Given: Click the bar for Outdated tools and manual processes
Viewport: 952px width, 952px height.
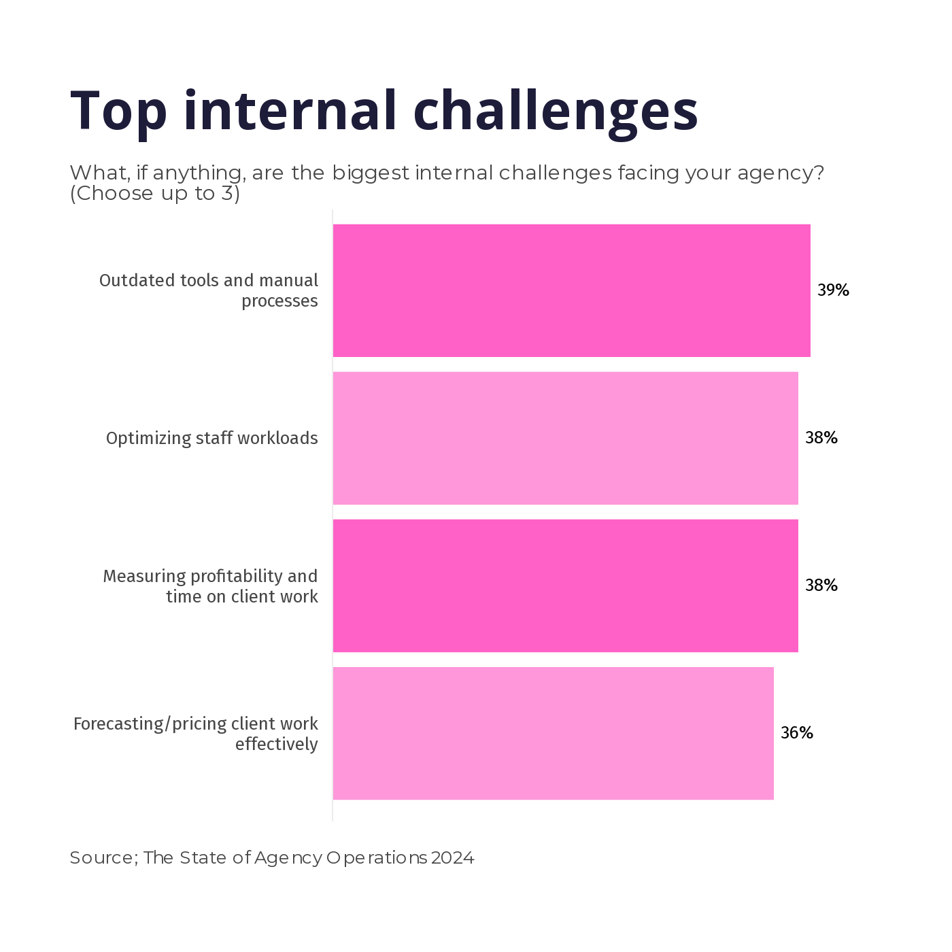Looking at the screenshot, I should click(571, 290).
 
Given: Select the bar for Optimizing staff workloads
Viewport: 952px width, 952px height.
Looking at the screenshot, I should click(565, 438).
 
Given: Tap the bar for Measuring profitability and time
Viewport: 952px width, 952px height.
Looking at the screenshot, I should click(565, 585).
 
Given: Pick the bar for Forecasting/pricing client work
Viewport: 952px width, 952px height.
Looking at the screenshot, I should click(553, 733).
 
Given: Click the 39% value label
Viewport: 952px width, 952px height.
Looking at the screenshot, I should click(833, 290).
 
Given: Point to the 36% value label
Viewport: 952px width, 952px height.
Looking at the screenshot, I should click(796, 733).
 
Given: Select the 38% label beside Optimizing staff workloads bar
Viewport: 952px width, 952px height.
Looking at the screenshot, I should click(821, 438).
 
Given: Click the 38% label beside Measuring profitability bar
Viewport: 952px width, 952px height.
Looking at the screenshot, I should click(821, 585).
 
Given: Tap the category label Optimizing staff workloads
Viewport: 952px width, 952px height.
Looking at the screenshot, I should click(211, 438).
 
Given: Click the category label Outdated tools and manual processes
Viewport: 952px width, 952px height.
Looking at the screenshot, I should click(209, 290).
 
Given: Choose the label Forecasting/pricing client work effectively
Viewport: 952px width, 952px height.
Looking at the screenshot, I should click(196, 734).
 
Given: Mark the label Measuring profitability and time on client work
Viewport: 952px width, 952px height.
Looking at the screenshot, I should click(210, 586).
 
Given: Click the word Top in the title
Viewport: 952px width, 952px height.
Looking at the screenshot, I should click(118, 111).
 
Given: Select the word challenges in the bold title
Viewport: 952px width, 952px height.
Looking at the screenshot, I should click(556, 111).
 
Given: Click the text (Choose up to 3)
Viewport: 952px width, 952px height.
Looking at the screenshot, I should click(155, 194).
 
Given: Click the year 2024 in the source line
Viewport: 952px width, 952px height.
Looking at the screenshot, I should click(452, 858).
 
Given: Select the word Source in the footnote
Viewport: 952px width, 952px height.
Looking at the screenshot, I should click(102, 858).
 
